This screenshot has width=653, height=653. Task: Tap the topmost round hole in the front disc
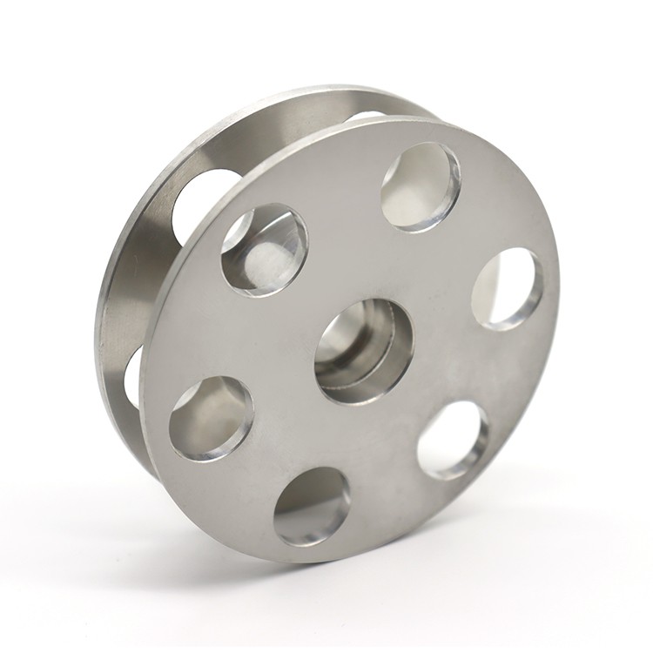(x=421, y=185)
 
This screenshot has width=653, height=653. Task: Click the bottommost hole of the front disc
(x=312, y=506)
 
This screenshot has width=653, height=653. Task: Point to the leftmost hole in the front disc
(x=211, y=417)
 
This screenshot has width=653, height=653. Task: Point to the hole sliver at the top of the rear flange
(x=366, y=115)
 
